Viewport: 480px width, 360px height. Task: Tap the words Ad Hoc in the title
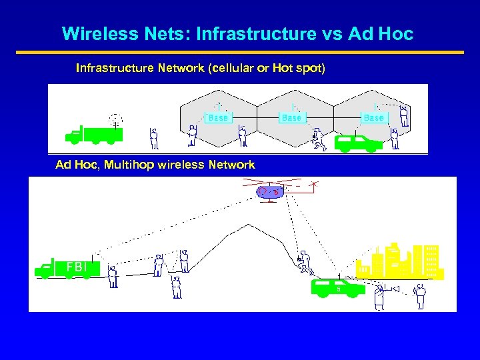coord(380,33)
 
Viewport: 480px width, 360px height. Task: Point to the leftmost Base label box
coord(218,117)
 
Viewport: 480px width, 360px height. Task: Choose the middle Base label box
coord(291,117)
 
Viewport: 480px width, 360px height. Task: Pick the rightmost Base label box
coord(373,117)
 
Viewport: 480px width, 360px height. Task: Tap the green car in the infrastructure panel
coord(358,142)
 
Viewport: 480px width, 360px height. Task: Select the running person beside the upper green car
coord(318,137)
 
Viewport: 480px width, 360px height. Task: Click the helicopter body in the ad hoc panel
coord(270,192)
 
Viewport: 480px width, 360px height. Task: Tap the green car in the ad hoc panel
coord(339,287)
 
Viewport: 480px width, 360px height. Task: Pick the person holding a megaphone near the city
coord(380,295)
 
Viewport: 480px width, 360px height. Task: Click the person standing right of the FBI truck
coord(113,275)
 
